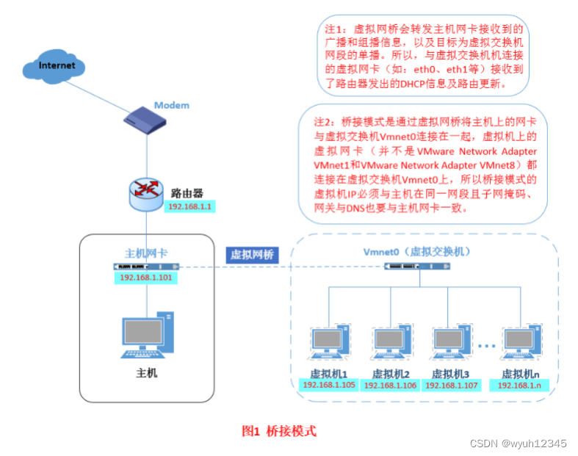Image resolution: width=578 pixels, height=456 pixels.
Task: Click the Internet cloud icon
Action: pos(57,67)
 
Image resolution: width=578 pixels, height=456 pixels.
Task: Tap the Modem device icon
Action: pos(146,120)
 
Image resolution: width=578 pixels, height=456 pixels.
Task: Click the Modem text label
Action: pos(171,105)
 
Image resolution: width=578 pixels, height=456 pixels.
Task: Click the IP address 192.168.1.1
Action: pos(190,207)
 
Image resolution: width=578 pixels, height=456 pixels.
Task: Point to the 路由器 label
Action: pos(189,192)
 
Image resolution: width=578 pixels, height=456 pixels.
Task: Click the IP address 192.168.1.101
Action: pos(147,278)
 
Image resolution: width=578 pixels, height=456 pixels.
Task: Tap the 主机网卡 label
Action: pos(147,253)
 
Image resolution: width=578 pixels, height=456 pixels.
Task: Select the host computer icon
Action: pos(147,336)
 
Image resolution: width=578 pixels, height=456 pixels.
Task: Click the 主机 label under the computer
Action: pos(147,373)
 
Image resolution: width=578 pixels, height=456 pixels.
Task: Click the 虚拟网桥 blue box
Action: pos(252,255)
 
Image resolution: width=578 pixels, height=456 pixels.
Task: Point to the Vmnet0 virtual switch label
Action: pos(416,251)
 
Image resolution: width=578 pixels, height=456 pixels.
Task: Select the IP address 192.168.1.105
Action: pos(328,385)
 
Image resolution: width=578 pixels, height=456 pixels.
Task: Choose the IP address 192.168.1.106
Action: pos(390,385)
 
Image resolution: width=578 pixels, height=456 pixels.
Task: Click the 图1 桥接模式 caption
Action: pos(279,431)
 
